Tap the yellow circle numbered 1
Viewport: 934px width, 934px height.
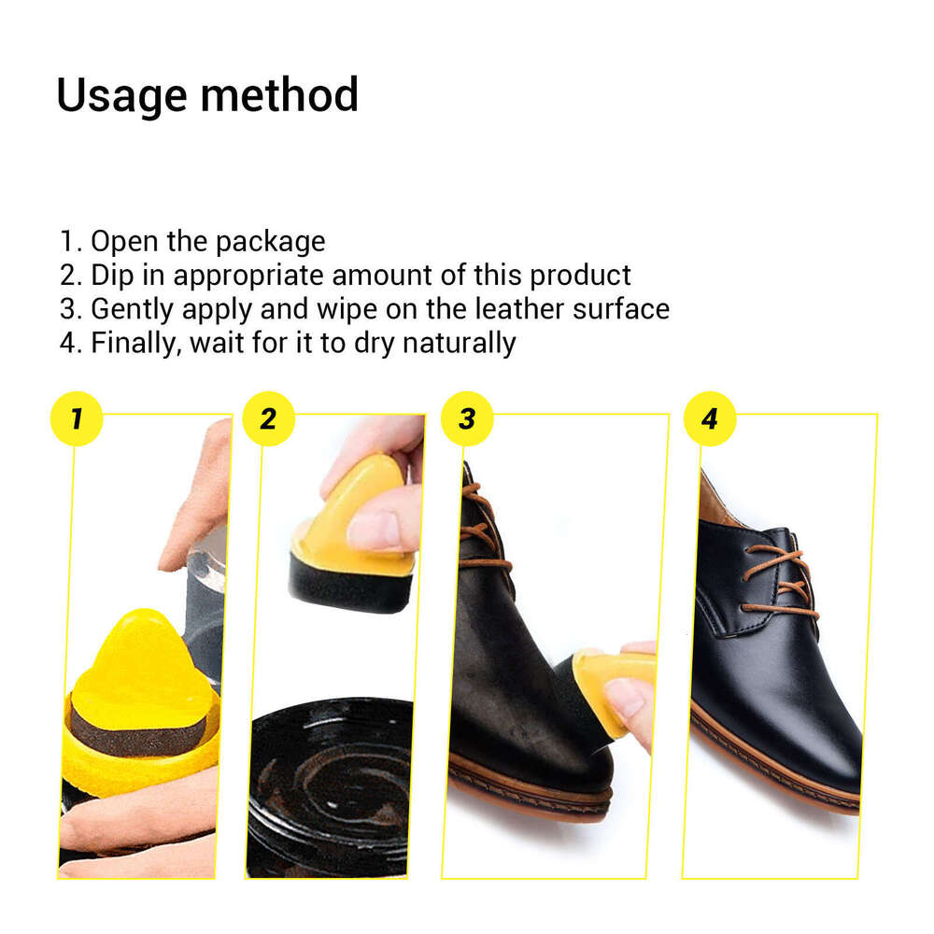76,418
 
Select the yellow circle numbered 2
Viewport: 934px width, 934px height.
269,418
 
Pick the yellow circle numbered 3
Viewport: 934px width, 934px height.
467,418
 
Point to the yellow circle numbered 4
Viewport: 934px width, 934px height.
710,418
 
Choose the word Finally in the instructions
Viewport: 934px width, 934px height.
135,343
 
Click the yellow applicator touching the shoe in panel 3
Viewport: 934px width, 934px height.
612,682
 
